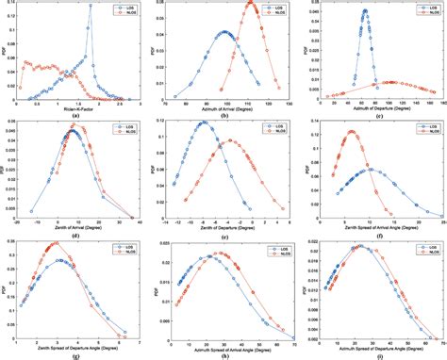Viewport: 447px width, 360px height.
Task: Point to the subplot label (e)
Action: (223, 233)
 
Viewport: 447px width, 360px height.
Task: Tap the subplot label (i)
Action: (372, 352)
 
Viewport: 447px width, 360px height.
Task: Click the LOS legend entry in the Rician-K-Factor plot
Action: (119, 7)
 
